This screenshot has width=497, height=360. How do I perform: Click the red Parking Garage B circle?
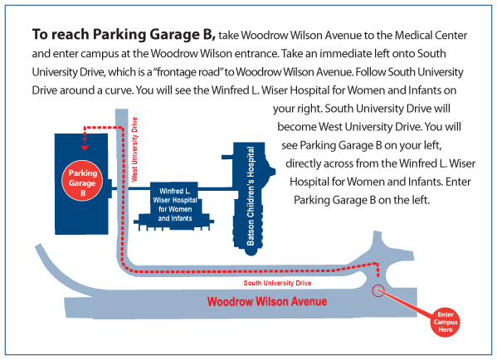point(82,181)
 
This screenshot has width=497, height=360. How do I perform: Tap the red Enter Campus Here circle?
point(446,322)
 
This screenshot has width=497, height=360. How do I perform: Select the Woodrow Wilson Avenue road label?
point(267,301)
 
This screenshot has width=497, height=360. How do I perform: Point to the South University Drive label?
point(277,283)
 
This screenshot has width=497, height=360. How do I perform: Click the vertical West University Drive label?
point(134,149)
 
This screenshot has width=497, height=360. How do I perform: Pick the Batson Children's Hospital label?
point(251,196)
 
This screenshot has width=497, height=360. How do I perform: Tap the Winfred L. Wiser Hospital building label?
point(175,204)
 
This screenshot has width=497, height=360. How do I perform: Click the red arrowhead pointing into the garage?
point(85,148)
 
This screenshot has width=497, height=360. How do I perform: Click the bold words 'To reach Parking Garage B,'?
point(124,35)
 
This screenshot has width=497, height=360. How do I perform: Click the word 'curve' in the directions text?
point(118,91)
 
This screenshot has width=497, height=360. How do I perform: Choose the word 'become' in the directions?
point(297,127)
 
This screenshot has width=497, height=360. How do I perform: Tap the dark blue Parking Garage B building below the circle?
point(81,218)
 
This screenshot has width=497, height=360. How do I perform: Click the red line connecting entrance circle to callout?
point(407,304)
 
